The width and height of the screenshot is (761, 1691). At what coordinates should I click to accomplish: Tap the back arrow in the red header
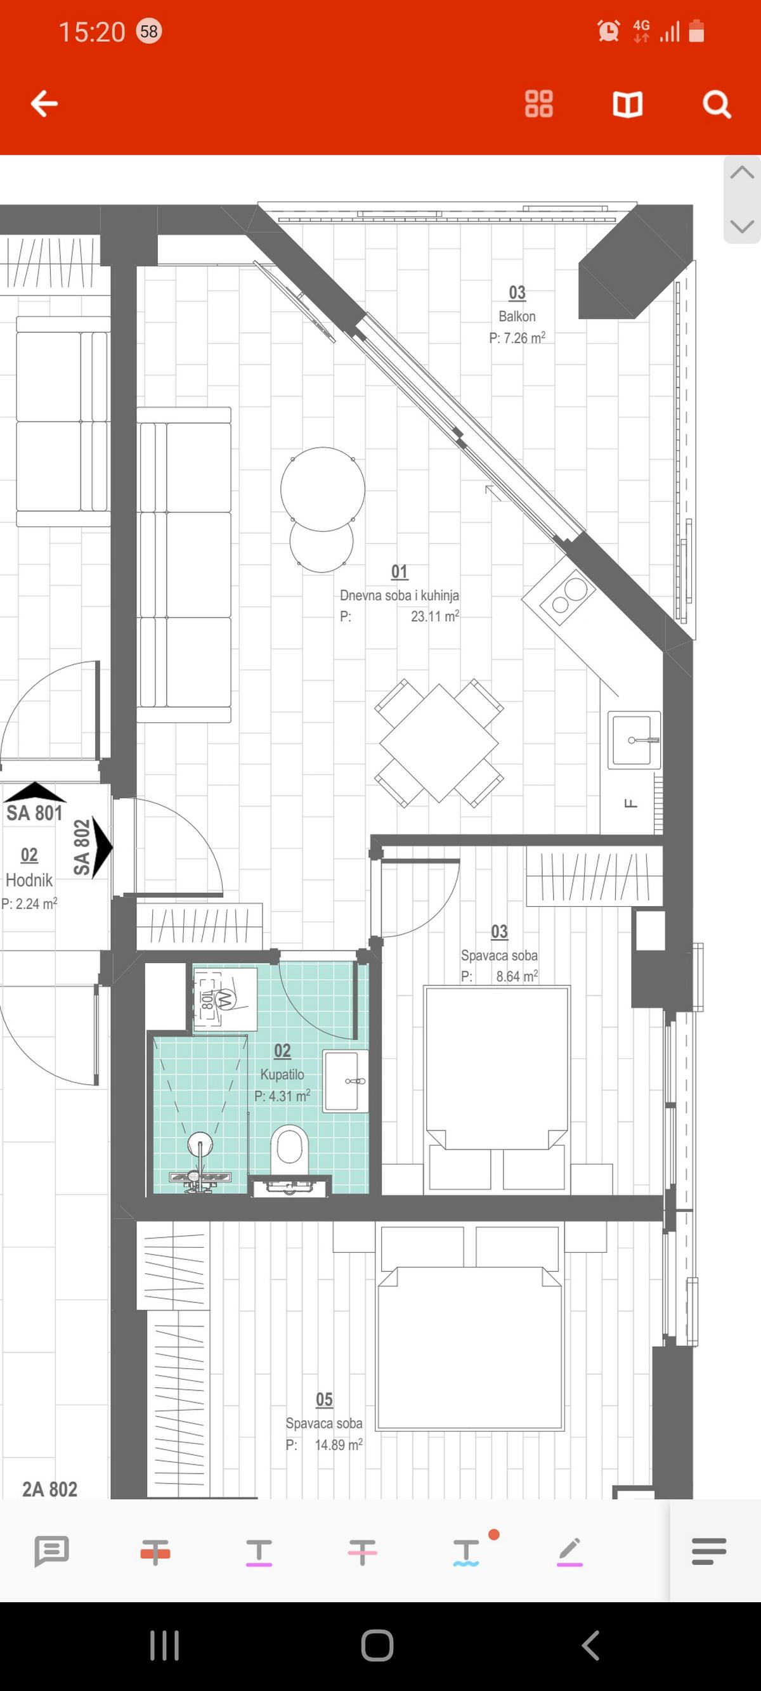tap(44, 104)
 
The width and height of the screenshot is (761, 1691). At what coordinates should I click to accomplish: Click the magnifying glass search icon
tap(717, 104)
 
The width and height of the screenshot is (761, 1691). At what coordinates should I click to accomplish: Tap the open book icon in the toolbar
tap(627, 104)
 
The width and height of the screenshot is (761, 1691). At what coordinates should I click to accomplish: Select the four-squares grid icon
tap(539, 104)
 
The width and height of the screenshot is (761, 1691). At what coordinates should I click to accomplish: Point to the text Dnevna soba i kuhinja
tap(400, 595)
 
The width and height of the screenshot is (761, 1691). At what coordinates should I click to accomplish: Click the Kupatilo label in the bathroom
tap(282, 1074)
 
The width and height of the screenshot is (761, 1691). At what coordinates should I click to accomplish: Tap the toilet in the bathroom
tap(289, 1147)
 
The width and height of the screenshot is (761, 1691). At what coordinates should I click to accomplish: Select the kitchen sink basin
tap(634, 740)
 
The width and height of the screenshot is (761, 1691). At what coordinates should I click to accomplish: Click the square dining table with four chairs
tap(439, 742)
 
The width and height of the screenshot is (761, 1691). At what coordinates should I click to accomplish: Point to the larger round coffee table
tap(322, 488)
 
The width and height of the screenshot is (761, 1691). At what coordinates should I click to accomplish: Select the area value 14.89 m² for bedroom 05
tap(338, 1445)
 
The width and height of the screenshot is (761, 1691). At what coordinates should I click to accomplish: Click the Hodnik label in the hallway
tap(29, 879)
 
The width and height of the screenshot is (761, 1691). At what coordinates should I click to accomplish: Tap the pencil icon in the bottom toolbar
tap(569, 1552)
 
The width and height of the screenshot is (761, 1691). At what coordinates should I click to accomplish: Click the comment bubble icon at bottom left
tap(51, 1552)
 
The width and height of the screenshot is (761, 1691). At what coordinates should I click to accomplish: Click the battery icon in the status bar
tap(697, 31)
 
